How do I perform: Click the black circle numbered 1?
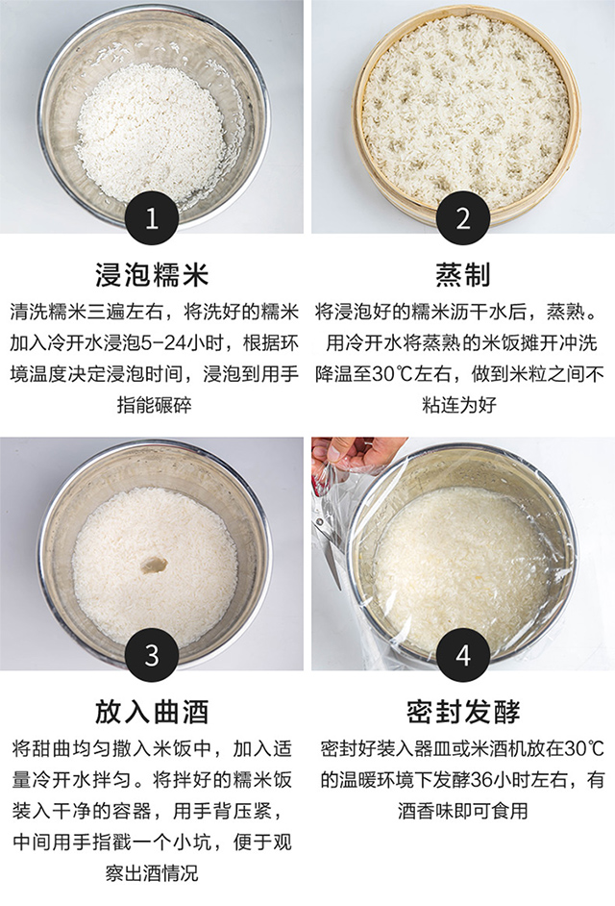[x=152, y=218]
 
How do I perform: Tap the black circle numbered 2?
[x=463, y=218]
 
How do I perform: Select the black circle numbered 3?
[x=152, y=655]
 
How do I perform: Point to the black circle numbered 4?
[x=463, y=655]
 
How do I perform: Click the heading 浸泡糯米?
[x=152, y=274]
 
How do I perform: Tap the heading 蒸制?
[x=463, y=274]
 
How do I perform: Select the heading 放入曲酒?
[x=152, y=712]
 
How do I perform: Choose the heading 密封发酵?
[x=463, y=712]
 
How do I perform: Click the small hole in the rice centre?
[x=154, y=565]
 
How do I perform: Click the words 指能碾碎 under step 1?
[x=154, y=405]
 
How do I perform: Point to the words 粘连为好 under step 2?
[x=459, y=405]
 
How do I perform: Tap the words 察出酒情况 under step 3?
[x=152, y=873]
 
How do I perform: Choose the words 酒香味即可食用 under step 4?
[x=463, y=811]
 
